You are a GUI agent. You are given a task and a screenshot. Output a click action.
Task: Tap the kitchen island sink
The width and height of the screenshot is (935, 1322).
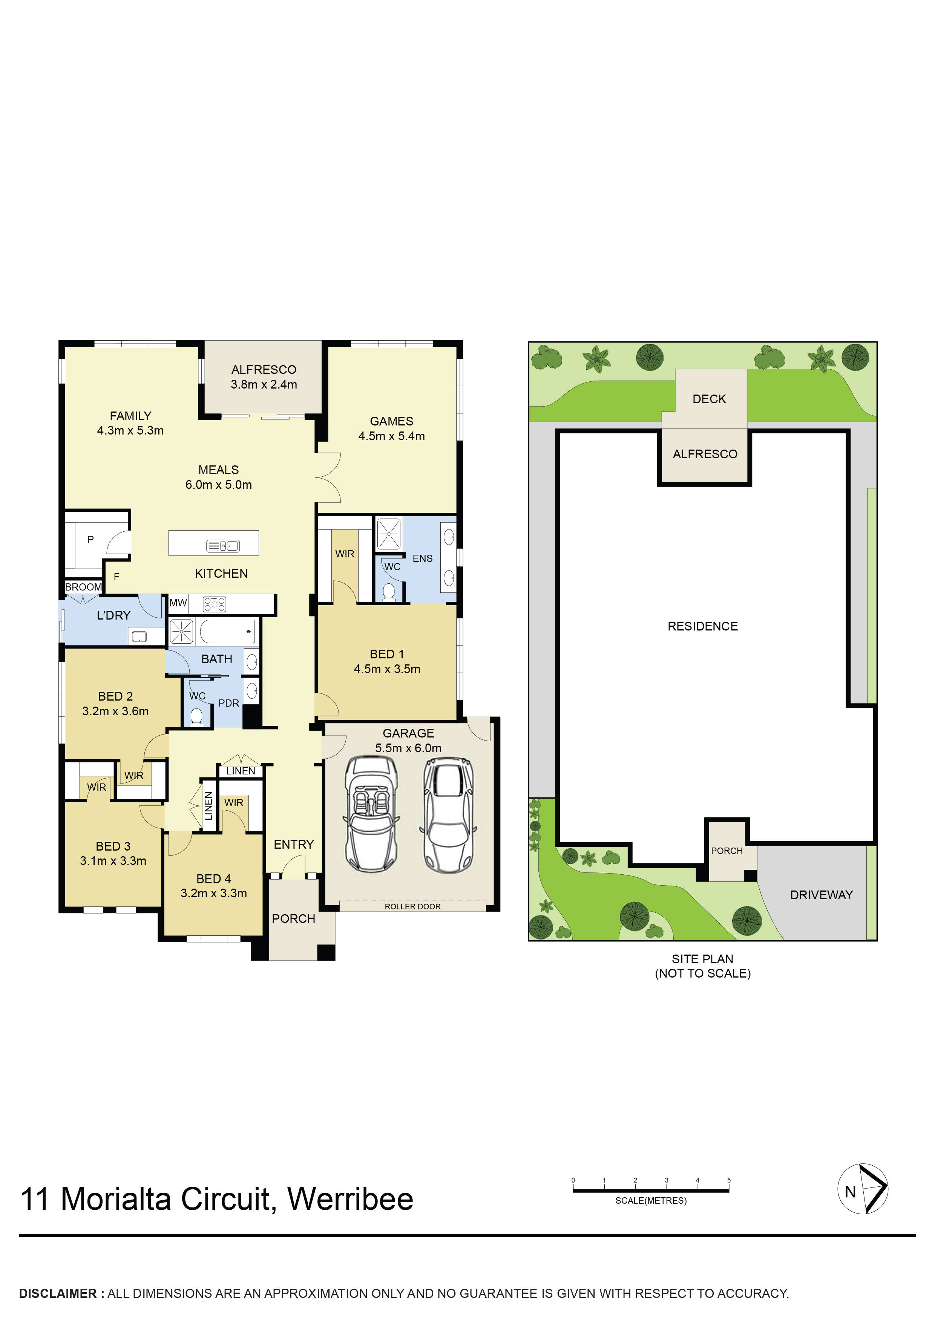coord(223,545)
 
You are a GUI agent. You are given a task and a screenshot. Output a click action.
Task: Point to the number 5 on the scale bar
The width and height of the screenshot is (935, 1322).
coord(729,1180)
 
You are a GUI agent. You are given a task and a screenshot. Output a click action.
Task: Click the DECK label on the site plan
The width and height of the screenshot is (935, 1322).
coord(709,399)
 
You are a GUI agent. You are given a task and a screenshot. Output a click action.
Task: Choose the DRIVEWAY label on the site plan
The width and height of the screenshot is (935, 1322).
coord(821,895)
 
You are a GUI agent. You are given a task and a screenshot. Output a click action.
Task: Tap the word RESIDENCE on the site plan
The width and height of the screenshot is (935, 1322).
coord(702,626)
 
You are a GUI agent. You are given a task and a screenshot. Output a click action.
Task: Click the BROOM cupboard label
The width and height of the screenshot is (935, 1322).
coord(84,587)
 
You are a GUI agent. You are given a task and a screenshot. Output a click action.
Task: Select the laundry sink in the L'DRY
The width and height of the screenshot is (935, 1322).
coord(139,636)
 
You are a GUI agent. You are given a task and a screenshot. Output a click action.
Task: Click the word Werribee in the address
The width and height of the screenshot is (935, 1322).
coord(350,1199)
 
